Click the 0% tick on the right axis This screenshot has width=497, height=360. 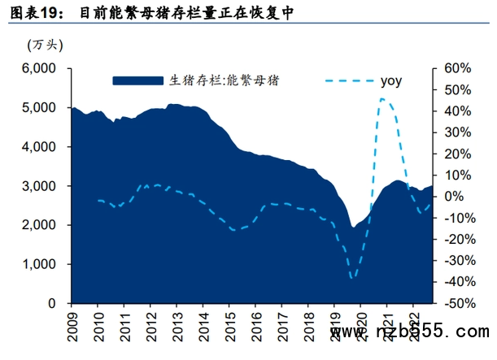pos(453,196)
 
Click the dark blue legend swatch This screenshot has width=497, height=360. pos(138,80)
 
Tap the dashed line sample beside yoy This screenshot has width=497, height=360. pos(349,80)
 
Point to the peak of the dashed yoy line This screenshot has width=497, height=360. pos(381,99)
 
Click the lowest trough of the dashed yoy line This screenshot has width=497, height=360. pos(352,278)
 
